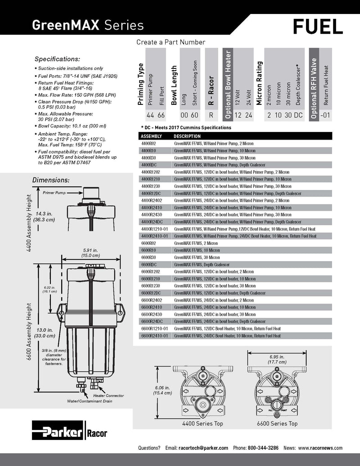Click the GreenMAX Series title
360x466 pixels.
click(88, 25)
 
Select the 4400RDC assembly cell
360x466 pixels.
click(149, 165)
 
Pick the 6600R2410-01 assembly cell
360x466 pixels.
click(154, 335)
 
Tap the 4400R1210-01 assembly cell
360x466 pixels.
click(154, 229)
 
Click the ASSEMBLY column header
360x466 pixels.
click(151, 136)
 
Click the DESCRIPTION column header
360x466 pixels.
click(187, 136)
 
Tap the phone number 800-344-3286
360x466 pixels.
click(263, 448)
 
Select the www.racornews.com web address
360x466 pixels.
click(320, 448)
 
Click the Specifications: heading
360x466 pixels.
click(58, 59)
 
